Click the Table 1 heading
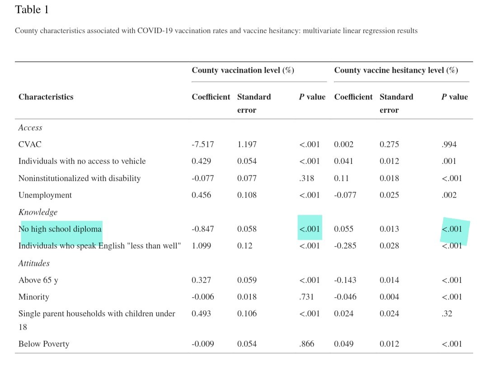[32, 10]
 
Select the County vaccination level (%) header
[243, 71]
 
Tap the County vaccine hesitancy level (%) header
[396, 71]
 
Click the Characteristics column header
[46, 97]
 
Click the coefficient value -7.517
[203, 145]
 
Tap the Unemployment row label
[45, 195]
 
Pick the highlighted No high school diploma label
[60, 229]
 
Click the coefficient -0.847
[203, 229]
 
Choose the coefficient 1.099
[202, 246]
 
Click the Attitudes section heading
[34, 263]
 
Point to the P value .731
[306, 297]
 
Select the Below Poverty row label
[44, 344]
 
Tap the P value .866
[306, 344]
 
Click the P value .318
[306, 179]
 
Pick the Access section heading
[30, 128]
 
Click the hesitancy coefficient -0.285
[345, 246]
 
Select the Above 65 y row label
[38, 281]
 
